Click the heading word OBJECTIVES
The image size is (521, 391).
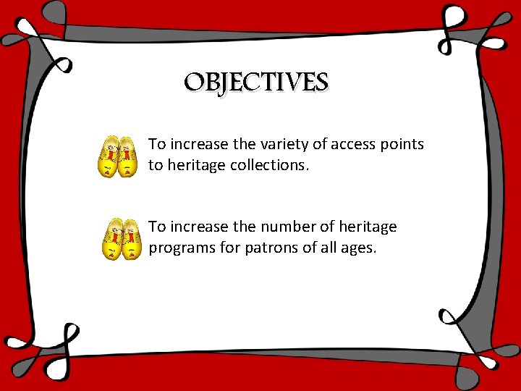[255, 83]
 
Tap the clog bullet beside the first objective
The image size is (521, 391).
[118, 155]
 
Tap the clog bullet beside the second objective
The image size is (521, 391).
[120, 238]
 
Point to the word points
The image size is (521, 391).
[401, 144]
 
